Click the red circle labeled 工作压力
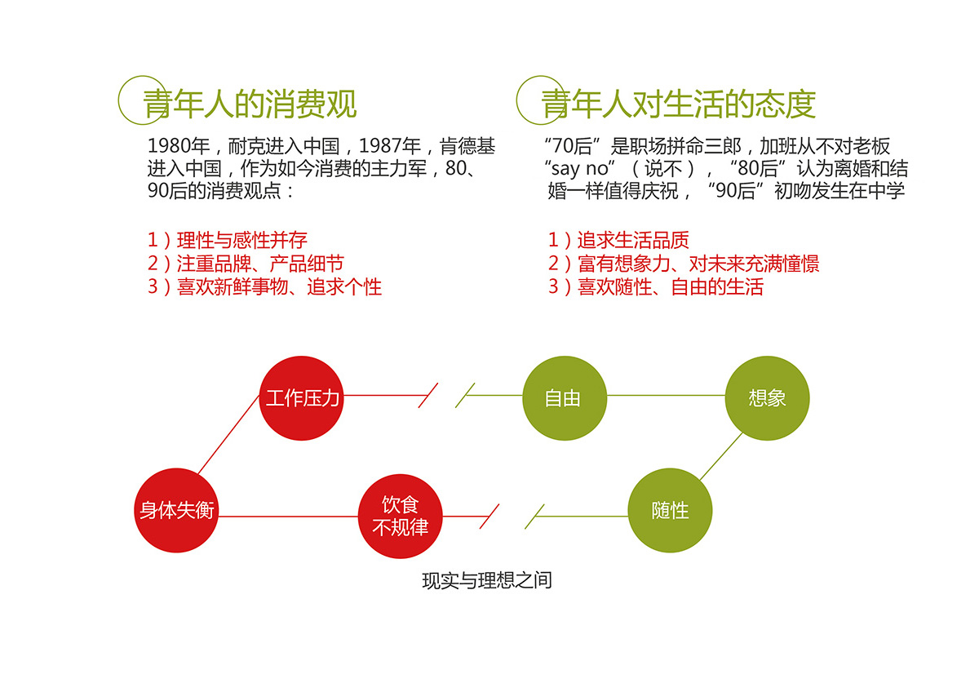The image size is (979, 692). tap(301, 398)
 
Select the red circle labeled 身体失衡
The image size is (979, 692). tap(176, 510)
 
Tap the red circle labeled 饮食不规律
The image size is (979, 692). tap(401, 517)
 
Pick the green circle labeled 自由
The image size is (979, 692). tap(565, 398)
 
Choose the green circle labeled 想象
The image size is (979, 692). tap(768, 398)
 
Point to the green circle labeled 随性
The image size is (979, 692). tap(670, 510)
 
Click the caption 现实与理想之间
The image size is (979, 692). tap(487, 580)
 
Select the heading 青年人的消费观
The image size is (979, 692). tap(250, 104)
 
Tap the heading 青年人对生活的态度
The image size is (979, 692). tap(678, 104)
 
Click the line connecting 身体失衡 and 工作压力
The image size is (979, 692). tap(228, 434)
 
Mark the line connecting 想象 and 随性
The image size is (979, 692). tap(721, 456)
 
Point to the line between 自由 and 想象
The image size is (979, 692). tap(666, 396)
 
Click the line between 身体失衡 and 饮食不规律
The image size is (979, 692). tap(288, 517)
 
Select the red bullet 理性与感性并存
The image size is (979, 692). tap(241, 240)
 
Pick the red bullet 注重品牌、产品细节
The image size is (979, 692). tap(260, 264)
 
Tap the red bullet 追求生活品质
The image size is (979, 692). tap(633, 240)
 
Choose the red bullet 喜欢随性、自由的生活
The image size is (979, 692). tap(671, 287)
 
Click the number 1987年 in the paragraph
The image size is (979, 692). tap(390, 146)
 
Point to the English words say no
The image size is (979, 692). tap(580, 169)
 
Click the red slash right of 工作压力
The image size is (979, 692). tap(427, 396)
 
